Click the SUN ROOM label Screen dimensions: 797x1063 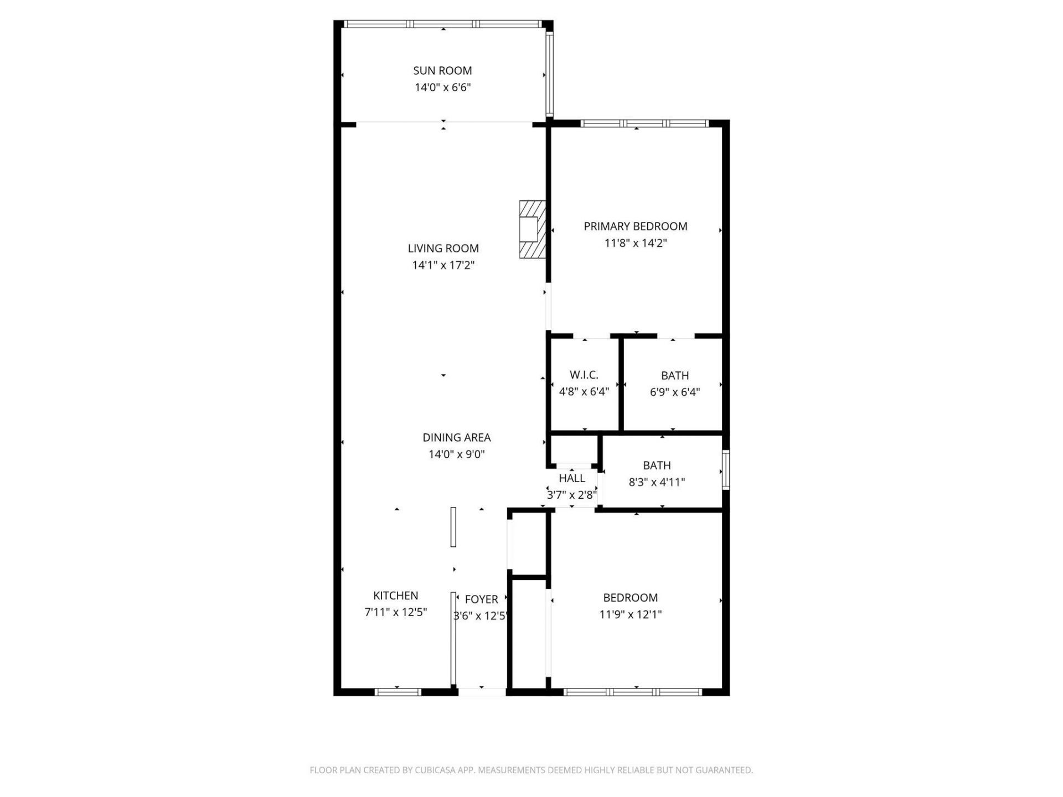[442, 71]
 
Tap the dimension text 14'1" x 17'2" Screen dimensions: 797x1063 [443, 265]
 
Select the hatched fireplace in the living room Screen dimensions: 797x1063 [532, 229]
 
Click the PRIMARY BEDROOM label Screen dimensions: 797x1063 [635, 226]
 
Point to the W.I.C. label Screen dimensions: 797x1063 [584, 375]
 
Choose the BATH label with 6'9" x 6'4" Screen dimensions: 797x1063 [674, 375]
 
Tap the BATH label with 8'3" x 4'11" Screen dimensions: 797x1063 [657, 465]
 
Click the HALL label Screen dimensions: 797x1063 [571, 478]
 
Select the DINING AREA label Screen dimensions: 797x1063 [456, 438]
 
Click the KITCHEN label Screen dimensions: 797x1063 [395, 596]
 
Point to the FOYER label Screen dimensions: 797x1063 [481, 599]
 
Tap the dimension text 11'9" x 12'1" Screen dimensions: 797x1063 [630, 614]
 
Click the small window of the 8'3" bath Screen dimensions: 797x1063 [726, 470]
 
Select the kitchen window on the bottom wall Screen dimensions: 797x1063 [398, 691]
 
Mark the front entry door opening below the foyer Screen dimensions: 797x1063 [482, 691]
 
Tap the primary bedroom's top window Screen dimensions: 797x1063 [644, 123]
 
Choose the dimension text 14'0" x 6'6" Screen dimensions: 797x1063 [442, 87]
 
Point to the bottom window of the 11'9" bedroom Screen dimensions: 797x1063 [633, 691]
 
